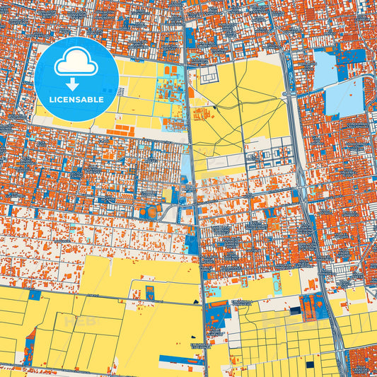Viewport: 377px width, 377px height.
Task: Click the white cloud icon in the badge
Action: click(x=76, y=64)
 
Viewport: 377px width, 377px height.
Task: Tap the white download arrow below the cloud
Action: click(x=76, y=83)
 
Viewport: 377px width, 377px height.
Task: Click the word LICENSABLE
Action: click(x=76, y=100)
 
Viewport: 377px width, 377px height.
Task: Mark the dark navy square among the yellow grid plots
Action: click(x=309, y=365)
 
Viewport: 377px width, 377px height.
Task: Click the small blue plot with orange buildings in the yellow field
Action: click(x=149, y=293)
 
